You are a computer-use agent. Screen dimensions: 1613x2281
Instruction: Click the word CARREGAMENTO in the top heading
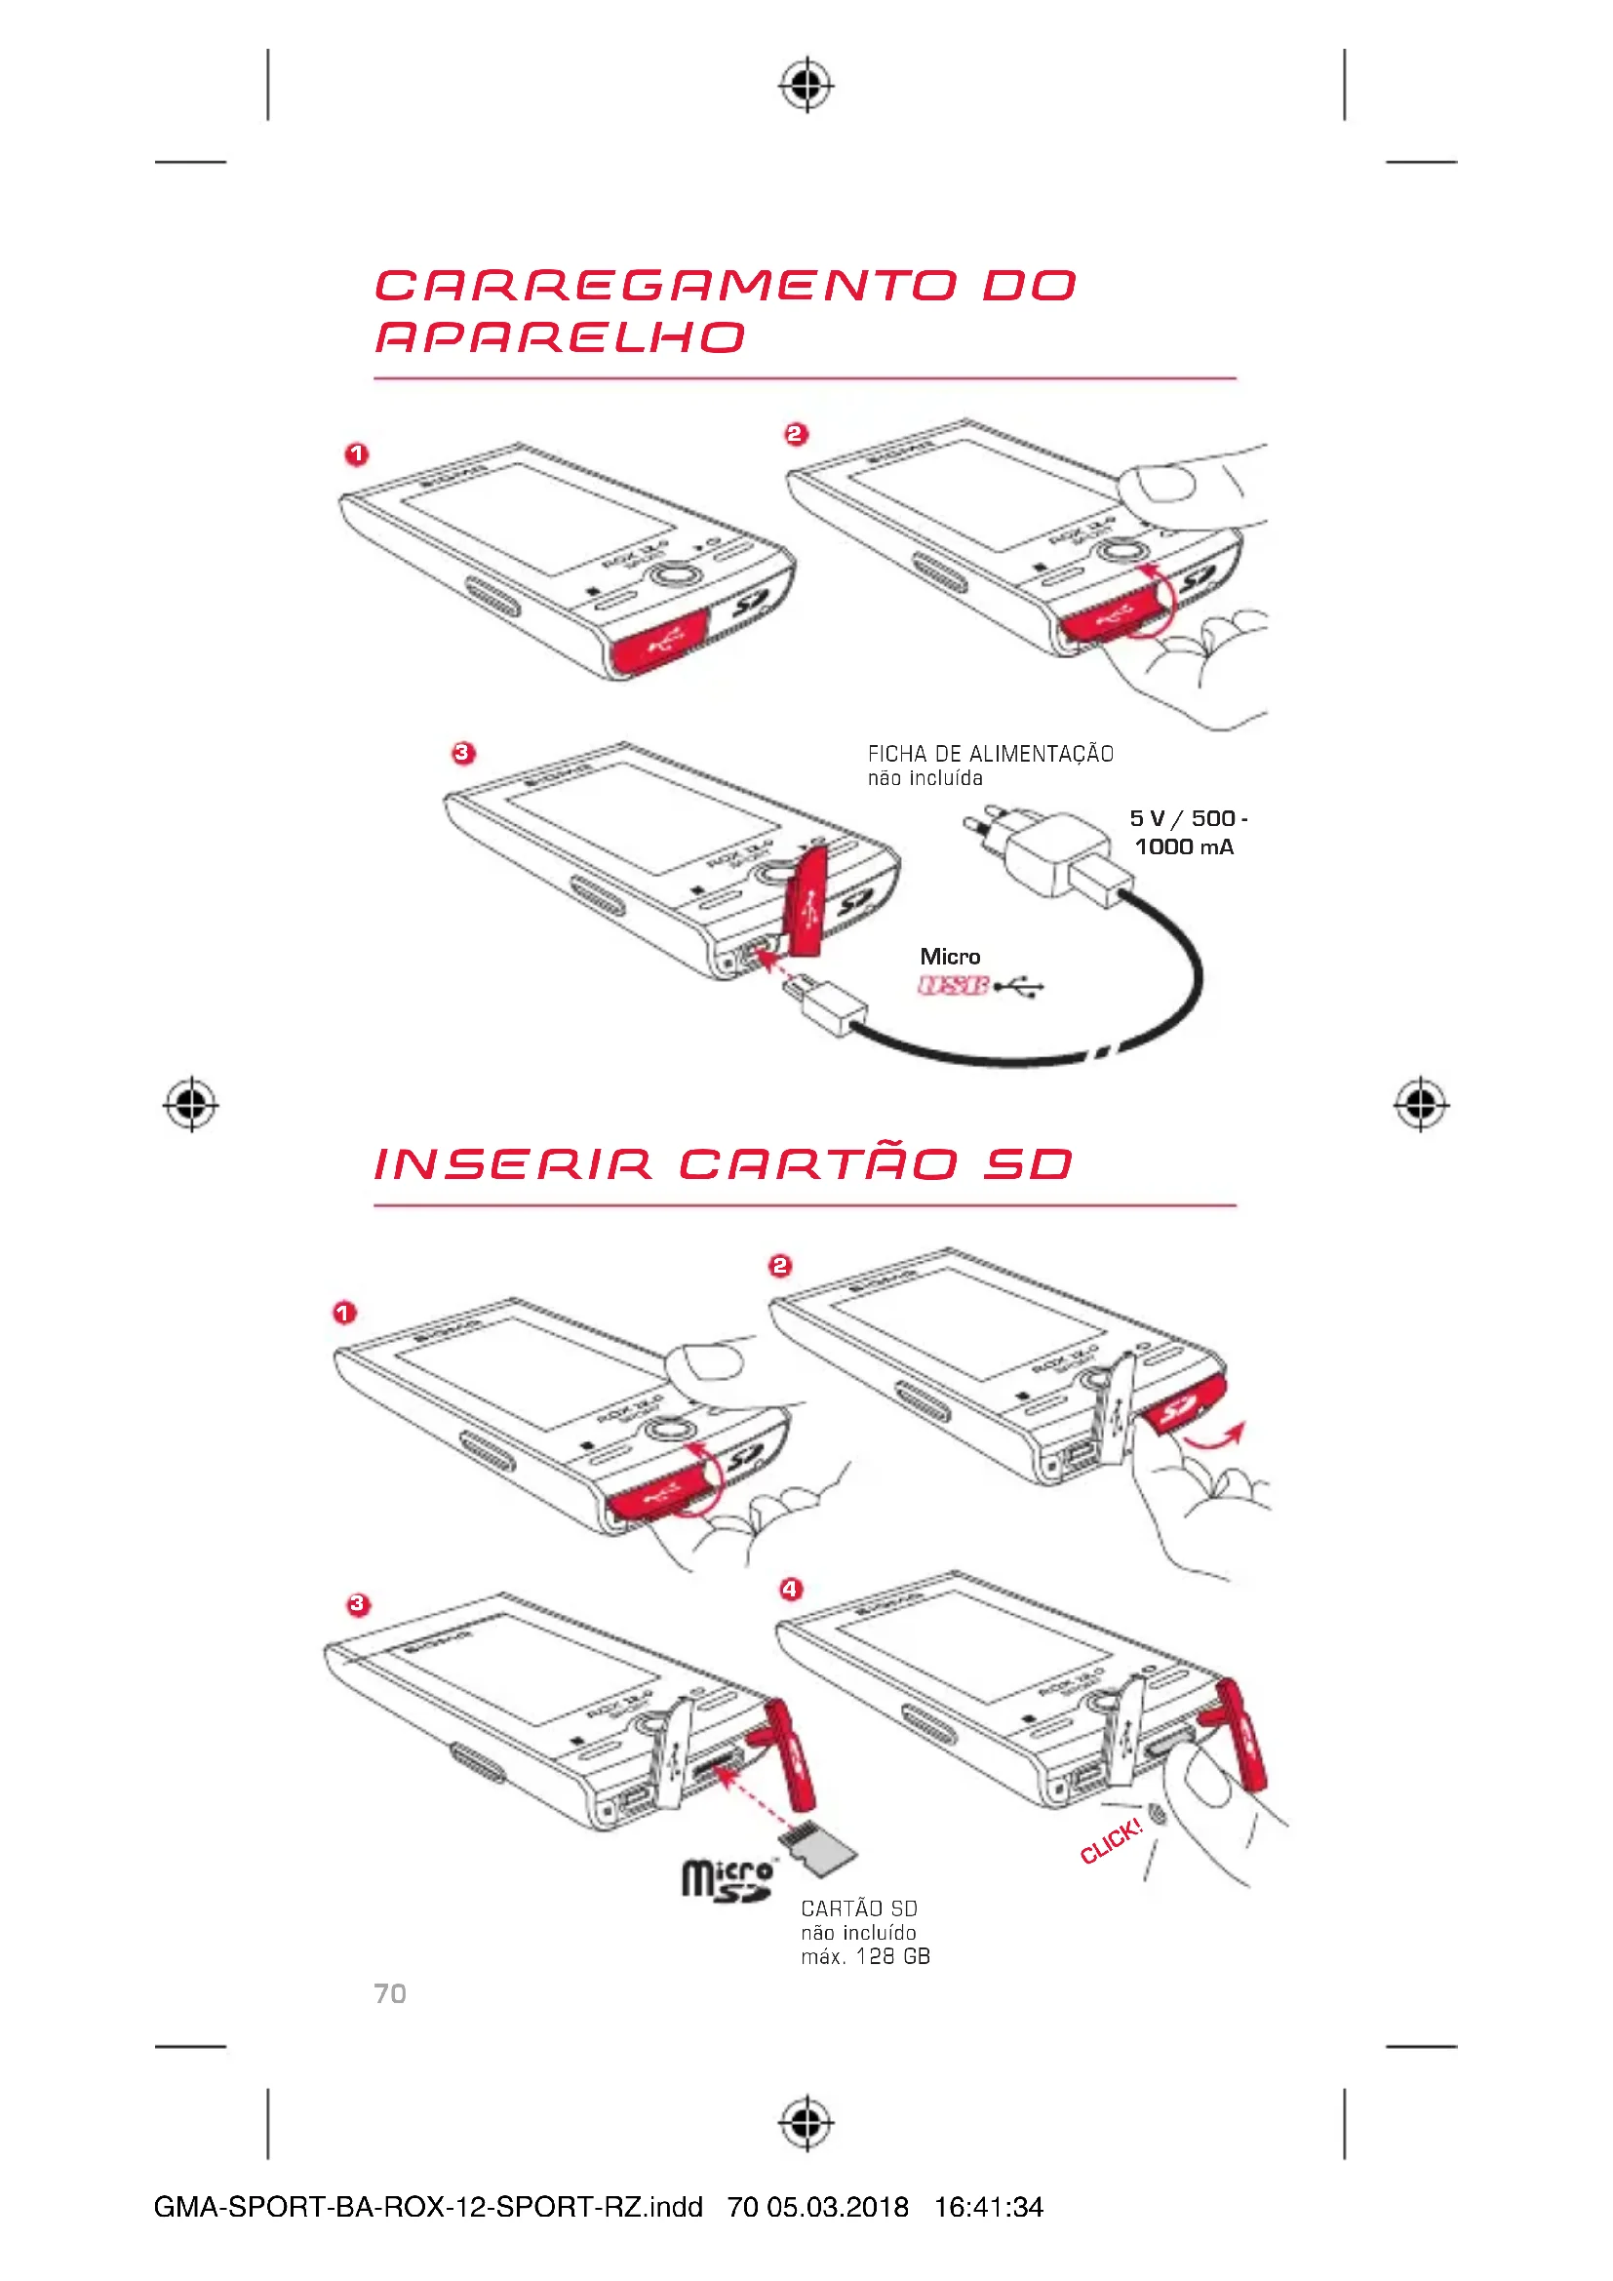click(x=664, y=286)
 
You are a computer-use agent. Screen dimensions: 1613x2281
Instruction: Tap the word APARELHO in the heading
click(x=559, y=337)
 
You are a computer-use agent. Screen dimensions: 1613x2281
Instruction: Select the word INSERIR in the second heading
click(x=513, y=1164)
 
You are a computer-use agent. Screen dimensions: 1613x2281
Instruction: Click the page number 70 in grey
click(x=389, y=1993)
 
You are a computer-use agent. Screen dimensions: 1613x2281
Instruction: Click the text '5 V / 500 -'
click(x=1188, y=818)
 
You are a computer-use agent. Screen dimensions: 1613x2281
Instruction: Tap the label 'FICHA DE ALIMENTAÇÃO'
click(x=990, y=754)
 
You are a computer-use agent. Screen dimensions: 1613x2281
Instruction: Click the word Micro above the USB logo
click(x=950, y=957)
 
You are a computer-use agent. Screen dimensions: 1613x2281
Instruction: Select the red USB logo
click(x=953, y=986)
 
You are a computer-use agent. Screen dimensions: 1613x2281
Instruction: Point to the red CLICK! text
click(x=1112, y=1841)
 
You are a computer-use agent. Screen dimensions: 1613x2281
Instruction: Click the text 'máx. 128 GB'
click(x=865, y=1957)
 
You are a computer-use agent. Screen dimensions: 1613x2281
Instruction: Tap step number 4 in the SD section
click(x=790, y=1589)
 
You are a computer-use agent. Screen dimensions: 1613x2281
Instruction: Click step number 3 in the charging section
click(x=463, y=753)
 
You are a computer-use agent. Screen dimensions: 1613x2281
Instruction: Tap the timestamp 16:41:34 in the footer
click(x=988, y=2207)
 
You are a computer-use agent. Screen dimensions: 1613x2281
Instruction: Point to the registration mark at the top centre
click(x=806, y=86)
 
